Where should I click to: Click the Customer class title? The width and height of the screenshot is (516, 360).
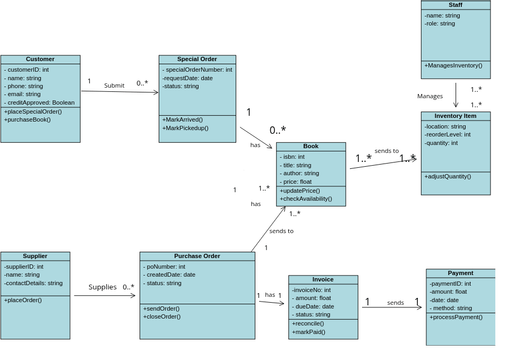tap(40, 60)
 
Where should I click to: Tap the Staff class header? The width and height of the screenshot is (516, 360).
tap(455, 5)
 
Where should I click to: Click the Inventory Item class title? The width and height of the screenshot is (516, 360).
tap(455, 116)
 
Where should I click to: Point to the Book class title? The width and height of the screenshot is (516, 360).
tap(310, 147)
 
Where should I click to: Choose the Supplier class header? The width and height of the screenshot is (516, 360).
tap(35, 256)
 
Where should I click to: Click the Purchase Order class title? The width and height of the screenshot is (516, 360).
tap(197, 256)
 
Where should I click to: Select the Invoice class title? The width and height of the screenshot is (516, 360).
tap(322, 280)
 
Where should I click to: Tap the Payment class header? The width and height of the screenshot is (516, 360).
tap(460, 273)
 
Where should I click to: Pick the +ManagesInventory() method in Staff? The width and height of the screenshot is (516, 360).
tap(453, 66)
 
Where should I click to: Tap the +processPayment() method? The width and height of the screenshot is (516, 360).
tap(461, 317)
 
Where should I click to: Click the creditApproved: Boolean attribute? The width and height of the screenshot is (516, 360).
tap(41, 103)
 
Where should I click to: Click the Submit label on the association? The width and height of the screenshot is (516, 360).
tap(114, 86)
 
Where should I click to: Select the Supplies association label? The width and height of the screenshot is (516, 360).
tap(102, 287)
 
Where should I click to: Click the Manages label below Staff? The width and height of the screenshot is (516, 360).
tap(430, 96)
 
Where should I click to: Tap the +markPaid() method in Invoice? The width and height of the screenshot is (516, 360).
tap(311, 332)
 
